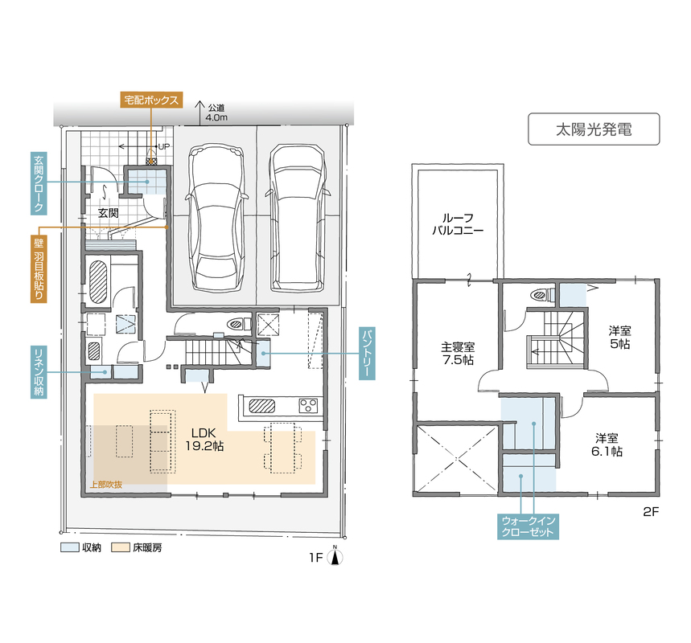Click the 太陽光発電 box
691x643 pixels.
[x=594, y=129]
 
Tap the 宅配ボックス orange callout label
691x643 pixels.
[x=151, y=100]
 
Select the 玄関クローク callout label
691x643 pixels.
[x=39, y=183]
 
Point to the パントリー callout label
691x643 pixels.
[x=367, y=353]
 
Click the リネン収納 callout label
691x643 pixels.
[x=39, y=371]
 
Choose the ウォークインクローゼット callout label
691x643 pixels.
[x=528, y=526]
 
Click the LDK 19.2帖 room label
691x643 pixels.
[x=204, y=439]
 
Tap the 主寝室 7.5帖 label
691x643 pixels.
[x=458, y=354]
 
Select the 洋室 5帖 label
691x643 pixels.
[x=619, y=338]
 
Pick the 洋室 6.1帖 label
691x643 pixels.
[x=607, y=444]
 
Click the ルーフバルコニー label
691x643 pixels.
[x=458, y=224]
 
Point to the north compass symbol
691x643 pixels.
[x=335, y=556]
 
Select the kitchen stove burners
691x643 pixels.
[x=308, y=405]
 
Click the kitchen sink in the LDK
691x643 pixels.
[x=262, y=406]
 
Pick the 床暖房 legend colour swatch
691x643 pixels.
[x=121, y=547]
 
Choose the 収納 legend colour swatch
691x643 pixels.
[x=70, y=547]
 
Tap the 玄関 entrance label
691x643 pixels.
[x=108, y=213]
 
